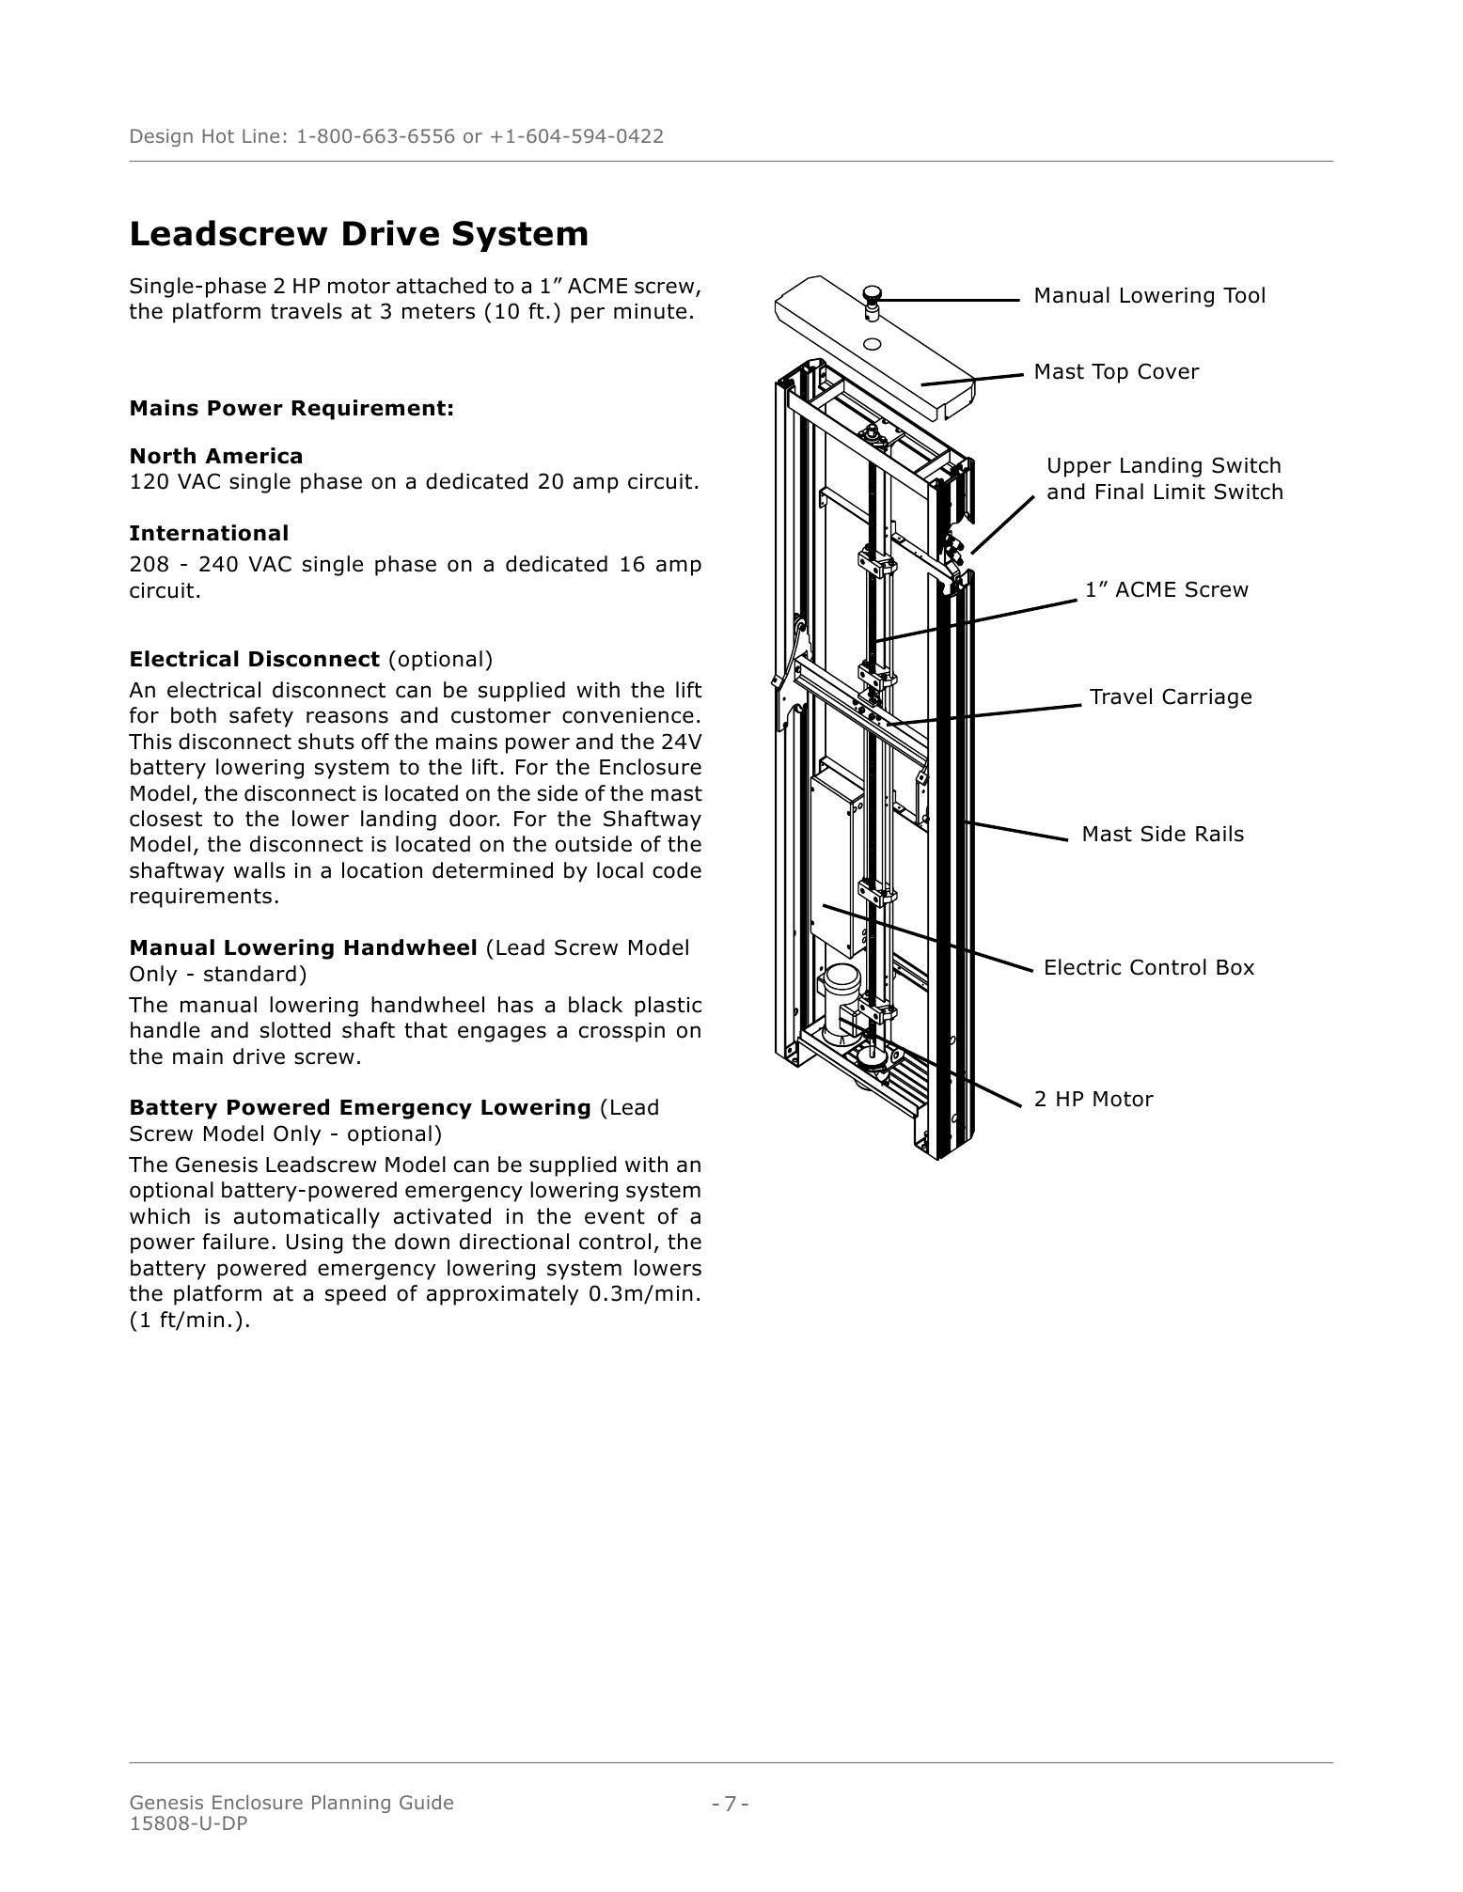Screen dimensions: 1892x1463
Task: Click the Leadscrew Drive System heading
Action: click(358, 234)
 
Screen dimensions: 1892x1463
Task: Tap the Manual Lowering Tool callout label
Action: click(1149, 296)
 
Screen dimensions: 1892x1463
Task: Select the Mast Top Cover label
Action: click(1116, 372)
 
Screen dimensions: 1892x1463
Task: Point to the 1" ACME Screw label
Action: click(1166, 590)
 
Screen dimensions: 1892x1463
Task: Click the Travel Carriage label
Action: click(1171, 697)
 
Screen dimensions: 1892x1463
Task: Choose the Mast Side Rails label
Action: click(1162, 835)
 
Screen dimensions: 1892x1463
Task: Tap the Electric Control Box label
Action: click(1148, 968)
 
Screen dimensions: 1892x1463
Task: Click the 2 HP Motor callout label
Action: click(1093, 1100)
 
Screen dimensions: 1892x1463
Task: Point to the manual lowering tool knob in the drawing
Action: click(872, 293)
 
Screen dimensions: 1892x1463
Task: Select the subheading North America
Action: click(216, 457)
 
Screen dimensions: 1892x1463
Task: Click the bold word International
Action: click(209, 534)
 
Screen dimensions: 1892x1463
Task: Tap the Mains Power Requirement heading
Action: click(291, 409)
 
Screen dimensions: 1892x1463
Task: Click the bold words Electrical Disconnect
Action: click(254, 660)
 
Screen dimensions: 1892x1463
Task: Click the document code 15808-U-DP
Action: click(188, 1823)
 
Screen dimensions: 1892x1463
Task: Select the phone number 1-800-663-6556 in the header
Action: click(375, 137)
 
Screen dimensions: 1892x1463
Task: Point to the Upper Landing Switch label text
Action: click(1163, 467)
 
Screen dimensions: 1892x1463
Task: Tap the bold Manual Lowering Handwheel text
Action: click(303, 948)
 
